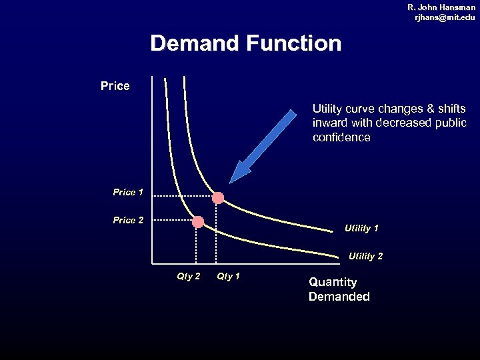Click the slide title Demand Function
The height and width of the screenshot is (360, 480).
pos(245,44)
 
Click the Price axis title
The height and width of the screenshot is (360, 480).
pos(115,86)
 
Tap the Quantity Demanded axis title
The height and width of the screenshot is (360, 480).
pos(339,289)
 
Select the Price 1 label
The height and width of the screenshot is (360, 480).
pos(128,192)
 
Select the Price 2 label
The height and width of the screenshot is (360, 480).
pos(128,220)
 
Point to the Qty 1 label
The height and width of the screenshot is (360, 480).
pos(228,276)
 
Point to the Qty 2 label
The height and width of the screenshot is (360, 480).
pos(188,276)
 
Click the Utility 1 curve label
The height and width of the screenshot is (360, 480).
pos(361,228)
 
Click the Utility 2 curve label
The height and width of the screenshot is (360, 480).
pos(365,256)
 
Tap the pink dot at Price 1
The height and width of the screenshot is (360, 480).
pos(218,197)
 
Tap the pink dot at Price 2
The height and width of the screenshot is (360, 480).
pos(197,222)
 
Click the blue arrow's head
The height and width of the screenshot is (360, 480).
pos(237,175)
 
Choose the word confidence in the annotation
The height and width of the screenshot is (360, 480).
pos(341,137)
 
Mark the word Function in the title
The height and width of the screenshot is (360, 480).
pos(293,44)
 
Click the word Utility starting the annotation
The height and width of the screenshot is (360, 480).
pos(327,108)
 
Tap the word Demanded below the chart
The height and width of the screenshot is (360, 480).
pos(339,297)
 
